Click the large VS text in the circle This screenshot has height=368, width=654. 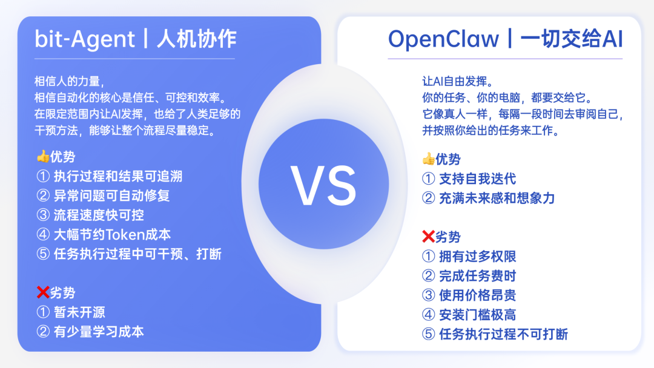(x=323, y=185)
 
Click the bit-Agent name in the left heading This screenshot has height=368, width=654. (x=85, y=39)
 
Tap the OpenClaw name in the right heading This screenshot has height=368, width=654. (x=443, y=39)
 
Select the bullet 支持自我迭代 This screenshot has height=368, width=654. (x=469, y=179)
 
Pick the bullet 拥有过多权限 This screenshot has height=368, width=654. (x=469, y=257)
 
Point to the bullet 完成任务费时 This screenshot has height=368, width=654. (x=469, y=276)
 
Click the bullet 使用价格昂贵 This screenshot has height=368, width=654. (x=469, y=295)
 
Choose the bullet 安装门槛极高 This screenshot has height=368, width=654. (x=469, y=315)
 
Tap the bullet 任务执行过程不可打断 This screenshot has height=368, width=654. (x=495, y=334)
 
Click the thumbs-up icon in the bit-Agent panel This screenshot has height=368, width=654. (x=42, y=157)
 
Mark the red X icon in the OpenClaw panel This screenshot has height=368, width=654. (x=428, y=237)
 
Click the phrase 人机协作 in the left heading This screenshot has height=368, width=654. (x=196, y=39)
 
